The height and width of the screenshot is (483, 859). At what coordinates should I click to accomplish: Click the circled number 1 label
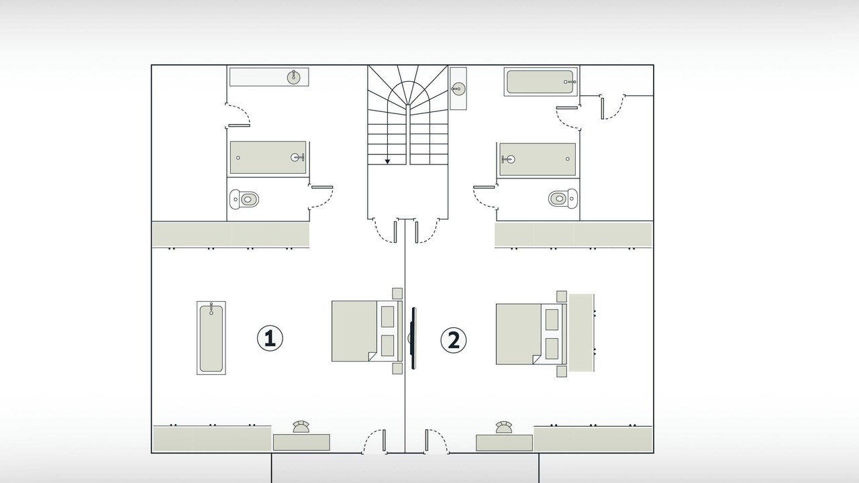click(x=270, y=339)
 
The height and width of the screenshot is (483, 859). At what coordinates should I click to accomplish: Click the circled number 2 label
click(x=453, y=340)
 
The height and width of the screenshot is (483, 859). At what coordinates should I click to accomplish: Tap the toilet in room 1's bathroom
click(x=244, y=199)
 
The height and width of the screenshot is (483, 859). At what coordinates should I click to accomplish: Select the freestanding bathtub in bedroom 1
click(x=211, y=337)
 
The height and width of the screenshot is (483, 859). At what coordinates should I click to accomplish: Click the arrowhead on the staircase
click(x=387, y=162)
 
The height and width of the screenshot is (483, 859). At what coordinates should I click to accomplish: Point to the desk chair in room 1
click(x=301, y=427)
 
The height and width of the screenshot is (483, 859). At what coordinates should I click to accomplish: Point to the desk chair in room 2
click(x=504, y=427)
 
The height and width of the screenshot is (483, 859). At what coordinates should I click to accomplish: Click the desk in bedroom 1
click(x=301, y=442)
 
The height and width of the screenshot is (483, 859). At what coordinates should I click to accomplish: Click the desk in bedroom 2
click(x=504, y=443)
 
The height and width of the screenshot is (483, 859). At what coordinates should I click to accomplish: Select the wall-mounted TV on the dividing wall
click(x=413, y=338)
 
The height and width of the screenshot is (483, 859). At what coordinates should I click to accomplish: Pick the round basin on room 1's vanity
click(x=294, y=77)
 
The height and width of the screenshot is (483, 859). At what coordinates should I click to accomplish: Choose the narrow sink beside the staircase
click(x=458, y=89)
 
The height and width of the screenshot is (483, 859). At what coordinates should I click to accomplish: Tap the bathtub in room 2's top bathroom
click(x=541, y=82)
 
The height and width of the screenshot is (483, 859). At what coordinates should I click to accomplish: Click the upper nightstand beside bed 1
click(x=397, y=293)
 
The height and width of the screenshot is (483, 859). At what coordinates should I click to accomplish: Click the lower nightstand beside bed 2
click(x=562, y=372)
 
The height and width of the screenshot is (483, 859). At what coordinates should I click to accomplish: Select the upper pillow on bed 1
click(x=387, y=317)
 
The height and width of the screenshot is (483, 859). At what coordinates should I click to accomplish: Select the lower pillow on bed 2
click(x=552, y=348)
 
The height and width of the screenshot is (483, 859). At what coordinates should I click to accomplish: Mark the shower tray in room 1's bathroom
click(x=268, y=158)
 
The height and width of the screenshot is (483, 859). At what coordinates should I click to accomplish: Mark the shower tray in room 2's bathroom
click(x=538, y=159)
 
